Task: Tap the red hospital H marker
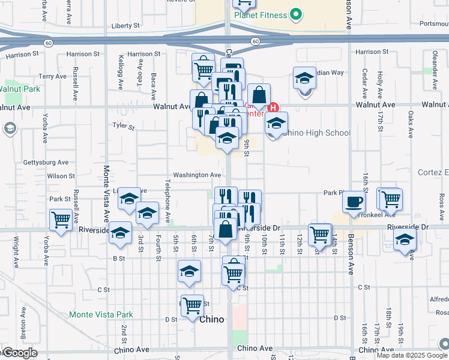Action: tap(273, 108)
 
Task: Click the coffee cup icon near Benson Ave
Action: tap(354, 201)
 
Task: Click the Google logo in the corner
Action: tap(19, 353)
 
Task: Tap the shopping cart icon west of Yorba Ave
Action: tap(61, 220)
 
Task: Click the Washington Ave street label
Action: tap(197, 175)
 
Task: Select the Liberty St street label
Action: tap(125, 26)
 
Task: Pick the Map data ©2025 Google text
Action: tap(411, 355)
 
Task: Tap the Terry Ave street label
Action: tap(52, 77)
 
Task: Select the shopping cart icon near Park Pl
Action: tap(390, 199)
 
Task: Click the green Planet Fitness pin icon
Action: tap(295, 14)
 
